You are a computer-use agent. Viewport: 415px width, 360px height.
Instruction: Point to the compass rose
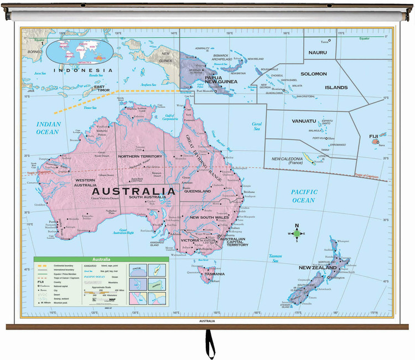pos(297,233)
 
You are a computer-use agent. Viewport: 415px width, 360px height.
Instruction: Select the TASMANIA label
pos(215,274)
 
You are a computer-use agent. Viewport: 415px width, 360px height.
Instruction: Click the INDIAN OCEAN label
pos(48,128)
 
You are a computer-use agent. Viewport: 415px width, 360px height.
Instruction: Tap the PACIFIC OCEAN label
pos(304,196)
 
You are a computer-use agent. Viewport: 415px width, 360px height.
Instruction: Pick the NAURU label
pos(318,53)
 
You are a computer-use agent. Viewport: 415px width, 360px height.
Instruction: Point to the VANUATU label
pos(304,121)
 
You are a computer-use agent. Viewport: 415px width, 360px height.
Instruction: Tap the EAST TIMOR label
pos(103,89)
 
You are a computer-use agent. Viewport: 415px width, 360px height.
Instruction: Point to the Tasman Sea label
pos(275,258)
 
